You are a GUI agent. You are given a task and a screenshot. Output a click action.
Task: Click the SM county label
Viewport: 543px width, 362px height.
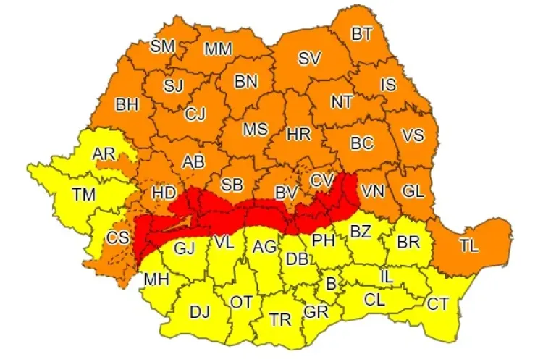tap(162, 46)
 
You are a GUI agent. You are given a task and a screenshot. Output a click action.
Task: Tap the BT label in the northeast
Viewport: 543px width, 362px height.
tap(363, 33)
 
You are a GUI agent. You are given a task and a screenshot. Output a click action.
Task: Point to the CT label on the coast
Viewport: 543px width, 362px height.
tap(437, 303)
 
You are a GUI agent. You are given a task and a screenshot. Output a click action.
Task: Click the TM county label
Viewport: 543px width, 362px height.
tap(83, 193)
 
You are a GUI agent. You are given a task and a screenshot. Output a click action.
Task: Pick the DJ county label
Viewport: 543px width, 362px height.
tap(199, 312)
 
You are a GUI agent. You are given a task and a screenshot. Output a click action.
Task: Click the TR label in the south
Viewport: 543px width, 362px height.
tap(280, 319)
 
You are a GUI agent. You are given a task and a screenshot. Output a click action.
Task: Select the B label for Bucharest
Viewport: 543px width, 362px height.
tap(331, 285)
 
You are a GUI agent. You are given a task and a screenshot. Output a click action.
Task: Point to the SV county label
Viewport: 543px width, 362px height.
tap(309, 59)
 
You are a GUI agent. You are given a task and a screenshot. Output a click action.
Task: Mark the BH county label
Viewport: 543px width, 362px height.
tap(127, 105)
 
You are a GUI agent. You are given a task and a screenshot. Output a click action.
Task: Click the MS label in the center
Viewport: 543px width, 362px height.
tap(255, 130)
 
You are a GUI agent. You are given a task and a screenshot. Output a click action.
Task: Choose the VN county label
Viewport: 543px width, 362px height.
tap(373, 191)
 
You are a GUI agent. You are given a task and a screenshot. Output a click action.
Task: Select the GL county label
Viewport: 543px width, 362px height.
tap(413, 191)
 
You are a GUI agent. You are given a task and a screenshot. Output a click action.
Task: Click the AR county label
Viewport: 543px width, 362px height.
tap(105, 153)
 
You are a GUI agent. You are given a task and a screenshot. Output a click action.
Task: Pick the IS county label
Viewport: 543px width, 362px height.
tap(389, 85)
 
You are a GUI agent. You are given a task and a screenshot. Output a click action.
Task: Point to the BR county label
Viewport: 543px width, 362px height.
tap(408, 242)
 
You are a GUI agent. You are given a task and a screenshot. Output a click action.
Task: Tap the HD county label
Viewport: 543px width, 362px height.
tap(164, 193)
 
